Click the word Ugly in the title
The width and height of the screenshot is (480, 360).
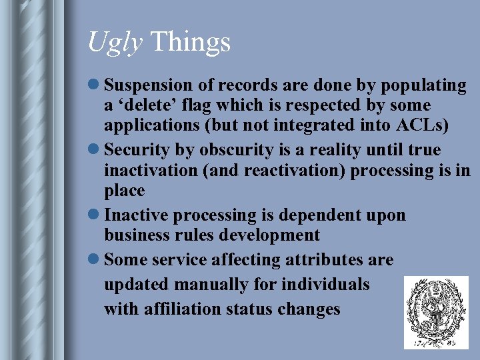[x=115, y=43]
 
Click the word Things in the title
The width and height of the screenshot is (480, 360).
[x=191, y=42]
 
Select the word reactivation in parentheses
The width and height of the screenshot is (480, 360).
[x=291, y=171]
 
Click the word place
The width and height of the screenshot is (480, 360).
[x=124, y=191]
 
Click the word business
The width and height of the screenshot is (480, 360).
[x=137, y=235]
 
